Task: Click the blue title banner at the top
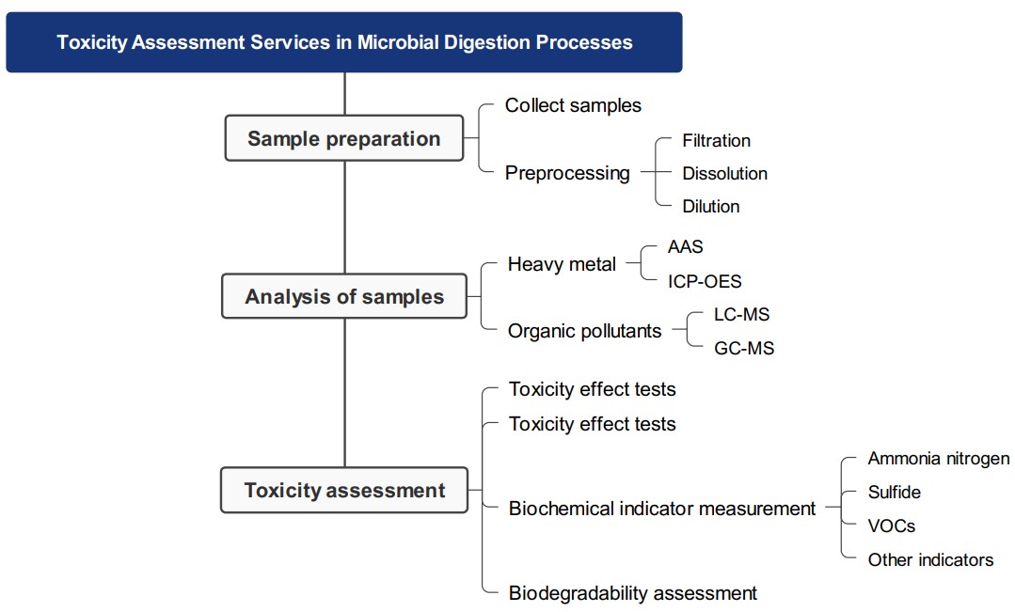point(344,42)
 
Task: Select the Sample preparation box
point(344,139)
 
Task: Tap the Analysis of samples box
point(344,297)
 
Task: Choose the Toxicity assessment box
point(344,491)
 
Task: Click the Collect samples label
point(573,105)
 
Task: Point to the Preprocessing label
point(567,173)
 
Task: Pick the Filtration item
point(716,141)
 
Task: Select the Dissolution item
point(724,174)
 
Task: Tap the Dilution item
point(710,206)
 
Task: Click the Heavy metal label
point(562,265)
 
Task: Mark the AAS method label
point(685,247)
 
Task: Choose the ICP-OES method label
point(705,281)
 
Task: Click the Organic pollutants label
point(584,331)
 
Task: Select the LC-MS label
point(741,315)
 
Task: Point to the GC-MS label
point(743,349)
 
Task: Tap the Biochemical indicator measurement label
point(662,509)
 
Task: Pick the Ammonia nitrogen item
point(938,459)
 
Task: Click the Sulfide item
point(894,493)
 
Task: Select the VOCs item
point(891,526)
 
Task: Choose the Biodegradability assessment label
point(632,593)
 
